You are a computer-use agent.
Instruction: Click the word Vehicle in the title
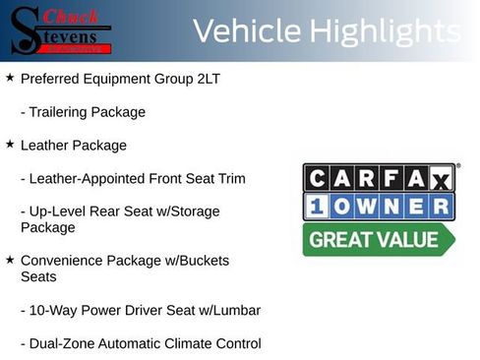(x=246, y=31)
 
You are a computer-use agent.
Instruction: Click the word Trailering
(x=59, y=112)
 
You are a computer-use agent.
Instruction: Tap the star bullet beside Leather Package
(x=10, y=145)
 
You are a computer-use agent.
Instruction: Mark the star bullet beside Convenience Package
(x=10, y=261)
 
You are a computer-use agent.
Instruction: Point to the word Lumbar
(x=235, y=311)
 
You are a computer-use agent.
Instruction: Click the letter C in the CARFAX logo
(x=318, y=178)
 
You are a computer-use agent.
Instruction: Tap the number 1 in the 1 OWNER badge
(x=318, y=207)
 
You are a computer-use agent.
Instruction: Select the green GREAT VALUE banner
(x=379, y=239)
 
